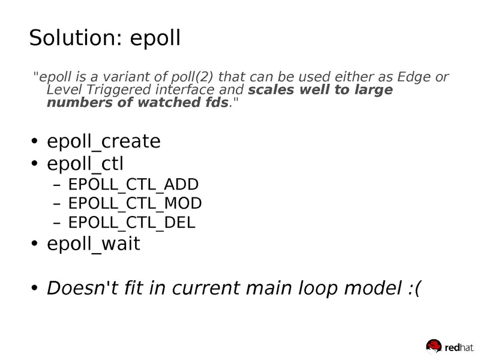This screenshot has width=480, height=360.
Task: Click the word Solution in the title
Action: click(73, 37)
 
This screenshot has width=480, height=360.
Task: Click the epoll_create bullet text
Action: click(103, 142)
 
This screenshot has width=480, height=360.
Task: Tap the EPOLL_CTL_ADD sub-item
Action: click(134, 184)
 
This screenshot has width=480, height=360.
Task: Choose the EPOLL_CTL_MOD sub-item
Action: click(135, 203)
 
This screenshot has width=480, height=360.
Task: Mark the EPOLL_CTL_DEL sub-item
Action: click(133, 223)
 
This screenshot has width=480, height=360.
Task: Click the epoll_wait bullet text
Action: click(93, 244)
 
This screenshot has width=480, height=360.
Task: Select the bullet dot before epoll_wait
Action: click(34, 244)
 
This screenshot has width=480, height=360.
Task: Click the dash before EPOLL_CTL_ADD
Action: click(58, 184)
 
